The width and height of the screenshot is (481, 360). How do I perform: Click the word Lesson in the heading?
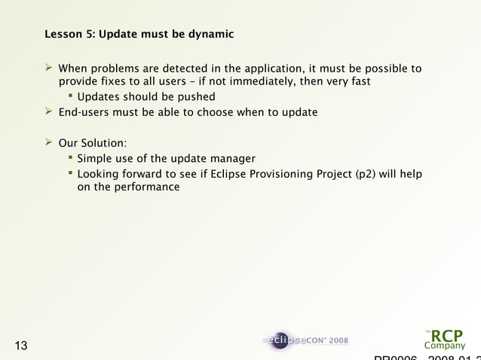[x=63, y=35]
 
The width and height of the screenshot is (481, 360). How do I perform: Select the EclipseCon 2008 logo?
[x=305, y=340]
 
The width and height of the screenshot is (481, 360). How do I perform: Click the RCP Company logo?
[x=444, y=339]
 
